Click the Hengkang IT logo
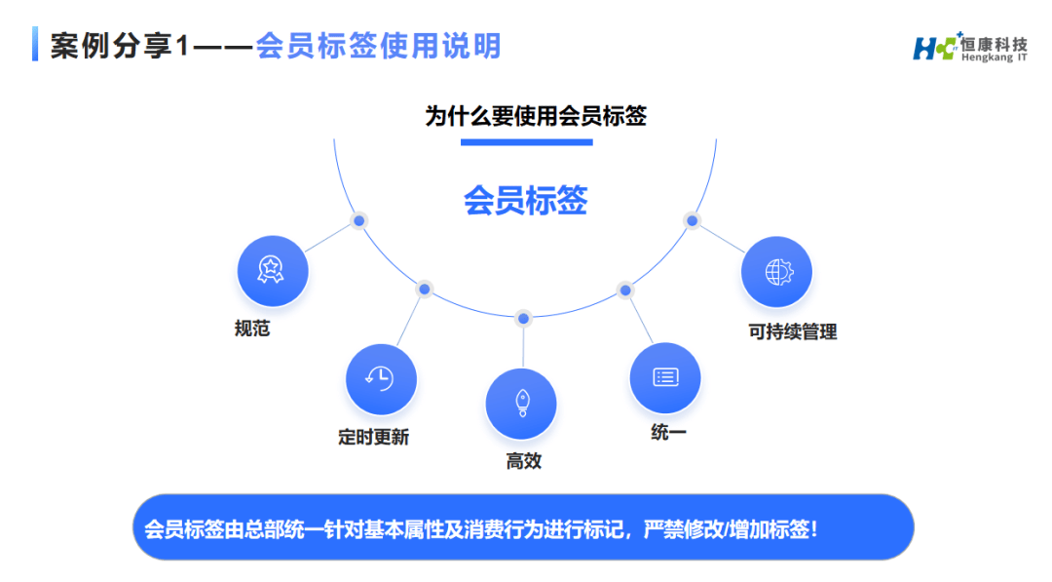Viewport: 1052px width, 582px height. pyautogui.click(x=969, y=46)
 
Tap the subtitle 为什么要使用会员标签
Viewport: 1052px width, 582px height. pyautogui.click(x=536, y=117)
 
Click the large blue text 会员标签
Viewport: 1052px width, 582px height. pyautogui.click(x=526, y=201)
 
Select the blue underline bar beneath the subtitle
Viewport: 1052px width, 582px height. pyautogui.click(x=526, y=142)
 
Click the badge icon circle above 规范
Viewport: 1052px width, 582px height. pyautogui.click(x=272, y=270)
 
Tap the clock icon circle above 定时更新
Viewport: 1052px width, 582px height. pyautogui.click(x=380, y=378)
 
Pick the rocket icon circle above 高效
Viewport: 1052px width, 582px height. pyautogui.click(x=521, y=404)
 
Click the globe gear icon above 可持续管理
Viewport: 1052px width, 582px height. pyautogui.click(x=776, y=271)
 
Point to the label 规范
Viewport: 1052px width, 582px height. pyautogui.click(x=252, y=329)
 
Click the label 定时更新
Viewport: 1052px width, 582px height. pyautogui.click(x=373, y=438)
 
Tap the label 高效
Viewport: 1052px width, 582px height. pyautogui.click(x=523, y=461)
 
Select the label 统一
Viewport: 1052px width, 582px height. pyautogui.click(x=668, y=432)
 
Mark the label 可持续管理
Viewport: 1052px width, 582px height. pyautogui.click(x=792, y=331)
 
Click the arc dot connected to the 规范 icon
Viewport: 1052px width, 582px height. pyautogui.click(x=358, y=221)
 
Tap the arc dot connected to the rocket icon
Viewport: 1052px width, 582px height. pyautogui.click(x=523, y=319)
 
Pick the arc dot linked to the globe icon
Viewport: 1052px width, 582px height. pyautogui.click(x=693, y=220)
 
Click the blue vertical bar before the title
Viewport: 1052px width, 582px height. pyautogui.click(x=35, y=45)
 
